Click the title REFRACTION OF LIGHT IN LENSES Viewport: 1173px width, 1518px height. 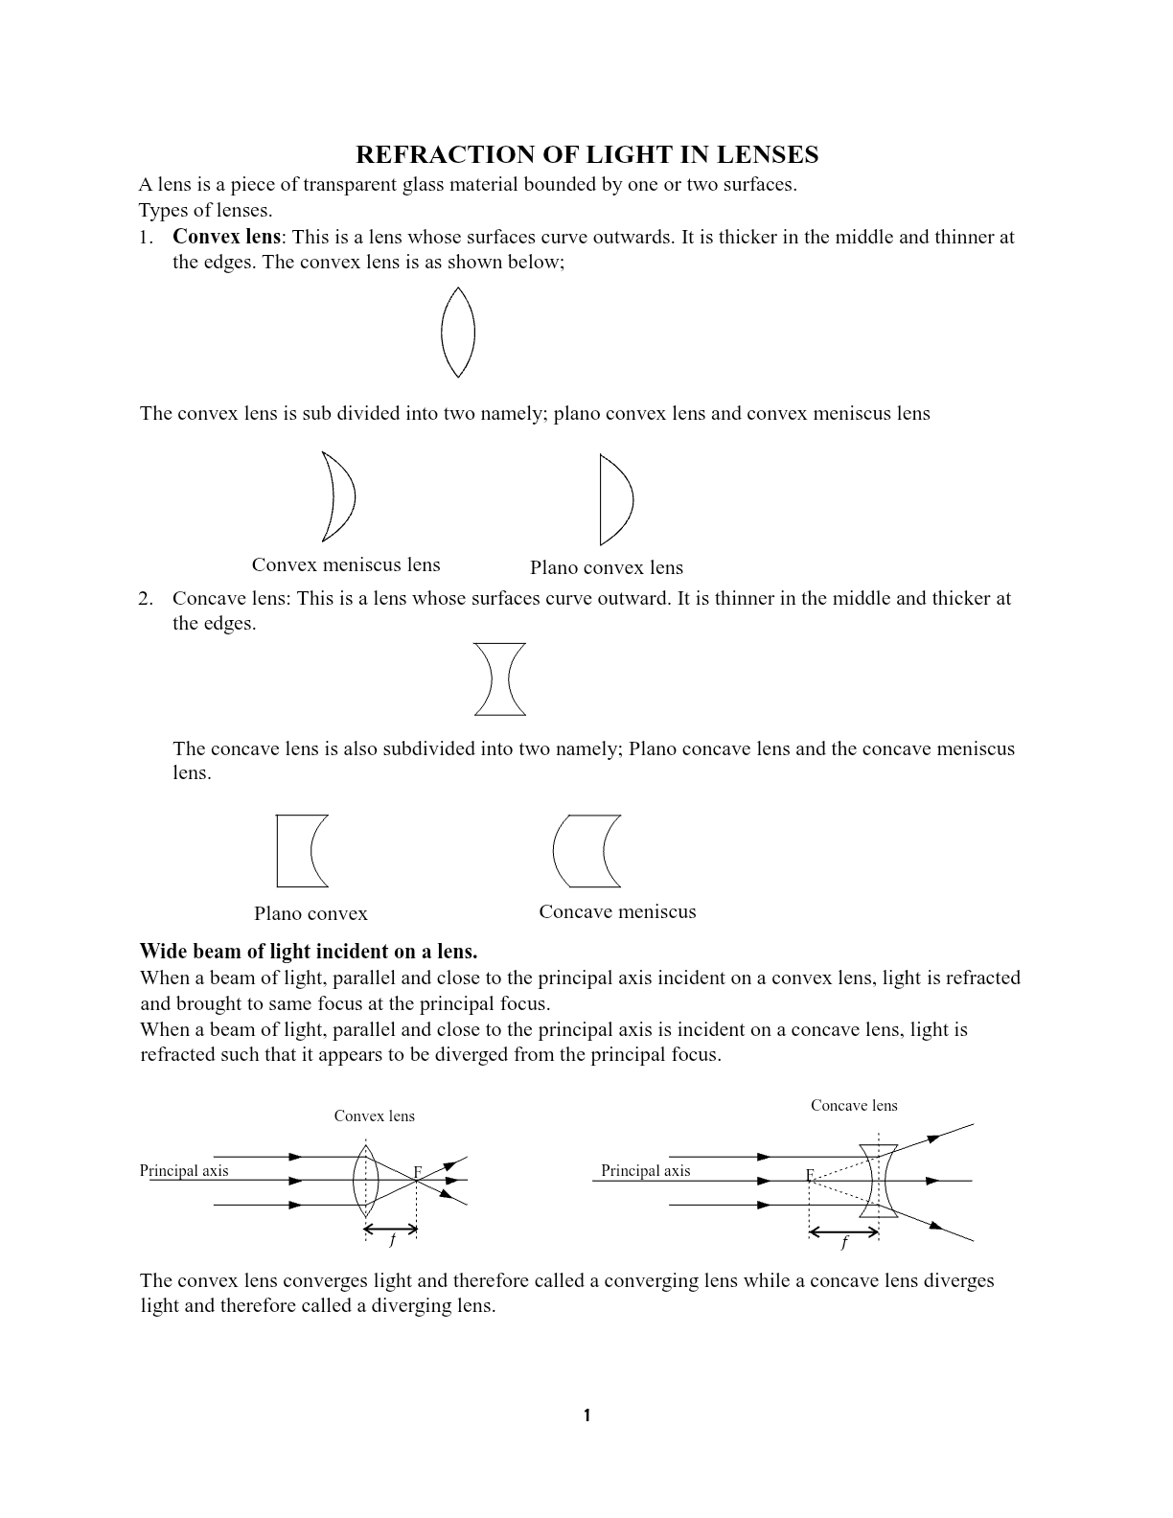586,155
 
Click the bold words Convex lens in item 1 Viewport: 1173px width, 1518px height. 226,237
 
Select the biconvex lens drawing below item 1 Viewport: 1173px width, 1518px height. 457,333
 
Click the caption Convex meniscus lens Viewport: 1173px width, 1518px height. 346,564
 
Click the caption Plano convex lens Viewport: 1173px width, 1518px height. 606,567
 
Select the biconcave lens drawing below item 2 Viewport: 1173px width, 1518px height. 499,679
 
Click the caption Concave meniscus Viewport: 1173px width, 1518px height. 617,911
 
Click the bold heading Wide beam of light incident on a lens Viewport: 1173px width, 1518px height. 308,951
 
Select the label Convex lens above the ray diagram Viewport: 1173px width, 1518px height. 374,1115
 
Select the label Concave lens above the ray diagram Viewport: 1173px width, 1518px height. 854,1105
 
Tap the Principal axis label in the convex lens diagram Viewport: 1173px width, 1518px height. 184,1170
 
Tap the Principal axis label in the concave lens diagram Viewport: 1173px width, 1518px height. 645,1170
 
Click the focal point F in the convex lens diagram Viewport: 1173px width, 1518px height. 417,1172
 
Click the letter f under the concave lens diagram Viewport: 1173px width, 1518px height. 844,1243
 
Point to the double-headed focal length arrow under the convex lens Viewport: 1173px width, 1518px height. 391,1228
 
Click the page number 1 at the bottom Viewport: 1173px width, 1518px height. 586,1415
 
